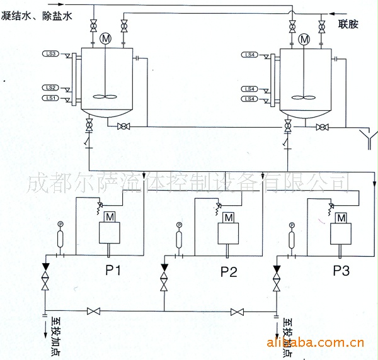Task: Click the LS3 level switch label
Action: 52,55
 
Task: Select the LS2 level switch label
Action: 52,87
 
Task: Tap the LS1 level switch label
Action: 52,98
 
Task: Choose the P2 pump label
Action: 229,272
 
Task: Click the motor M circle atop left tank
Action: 105,39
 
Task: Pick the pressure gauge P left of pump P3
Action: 292,225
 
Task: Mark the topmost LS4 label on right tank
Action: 250,55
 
